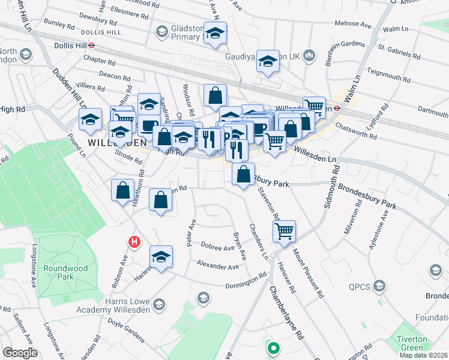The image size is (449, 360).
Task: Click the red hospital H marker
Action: click(x=134, y=242)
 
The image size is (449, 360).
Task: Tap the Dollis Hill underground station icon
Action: click(x=92, y=44)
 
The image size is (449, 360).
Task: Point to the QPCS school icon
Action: click(x=379, y=286)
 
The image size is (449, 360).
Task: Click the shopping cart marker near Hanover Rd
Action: click(x=284, y=230)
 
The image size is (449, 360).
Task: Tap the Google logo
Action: click(x=20, y=353)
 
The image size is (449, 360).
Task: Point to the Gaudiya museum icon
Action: click(x=309, y=56)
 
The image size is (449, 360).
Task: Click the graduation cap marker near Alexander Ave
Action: click(x=161, y=257)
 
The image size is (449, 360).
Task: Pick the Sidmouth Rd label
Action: click(x=331, y=190)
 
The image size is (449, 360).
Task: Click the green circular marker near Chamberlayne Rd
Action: click(x=273, y=347)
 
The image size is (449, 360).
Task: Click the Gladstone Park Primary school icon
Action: click(x=161, y=31)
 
